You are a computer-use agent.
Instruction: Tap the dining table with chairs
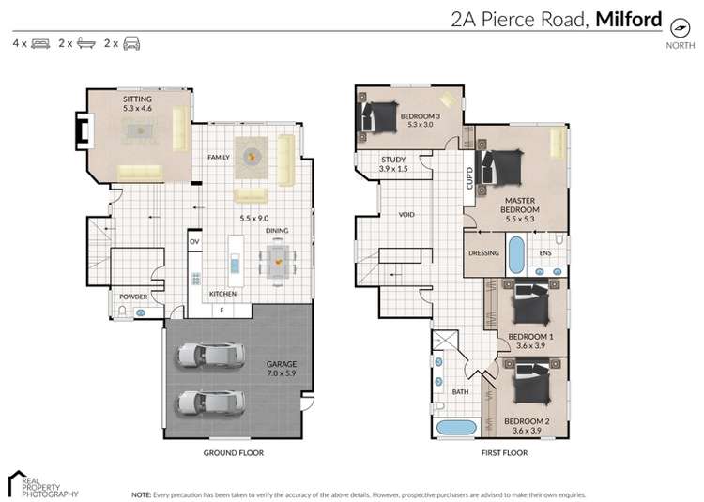pyautogui.click(x=278, y=261)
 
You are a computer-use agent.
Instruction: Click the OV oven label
pyautogui.click(x=195, y=242)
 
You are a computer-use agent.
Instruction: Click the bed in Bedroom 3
pyautogui.click(x=378, y=118)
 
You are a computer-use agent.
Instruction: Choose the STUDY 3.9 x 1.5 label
pyautogui.click(x=392, y=164)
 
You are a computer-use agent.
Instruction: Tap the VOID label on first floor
pyautogui.click(x=406, y=215)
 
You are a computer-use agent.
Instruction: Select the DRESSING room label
pyautogui.click(x=483, y=253)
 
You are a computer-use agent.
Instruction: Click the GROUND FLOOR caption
pyautogui.click(x=235, y=452)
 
